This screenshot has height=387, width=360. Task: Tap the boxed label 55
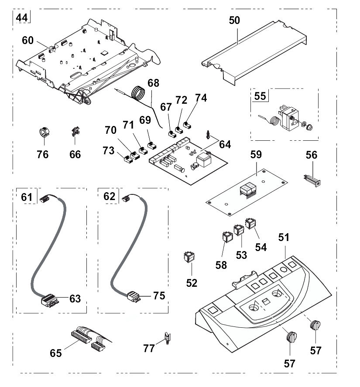pos(260,96)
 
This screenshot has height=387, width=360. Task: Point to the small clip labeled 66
pos(75,132)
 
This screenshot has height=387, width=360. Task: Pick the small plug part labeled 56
pos(311,180)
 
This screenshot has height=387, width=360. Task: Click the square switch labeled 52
pos(189,257)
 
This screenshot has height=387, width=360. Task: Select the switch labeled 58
pos(227,237)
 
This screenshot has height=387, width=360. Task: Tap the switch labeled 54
pos(250,224)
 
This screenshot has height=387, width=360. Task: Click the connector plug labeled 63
pos(49,299)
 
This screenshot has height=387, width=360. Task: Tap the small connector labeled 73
pos(128,159)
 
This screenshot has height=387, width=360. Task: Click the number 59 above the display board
pos(256,155)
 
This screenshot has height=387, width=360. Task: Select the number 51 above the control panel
pos(285,238)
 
